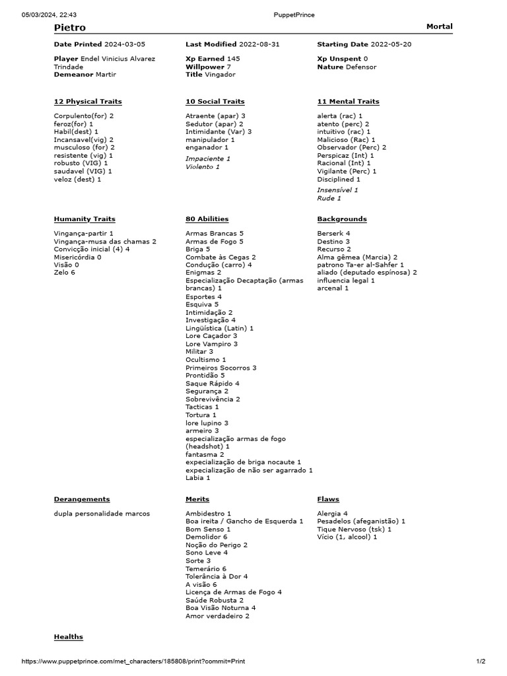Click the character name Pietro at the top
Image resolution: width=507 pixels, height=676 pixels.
[70, 28]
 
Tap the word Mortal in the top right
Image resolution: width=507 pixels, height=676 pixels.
[440, 26]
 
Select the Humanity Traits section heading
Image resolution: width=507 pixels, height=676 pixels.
[84, 219]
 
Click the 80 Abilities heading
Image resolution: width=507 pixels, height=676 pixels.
[207, 219]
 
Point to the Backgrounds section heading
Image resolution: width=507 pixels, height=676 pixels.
[342, 219]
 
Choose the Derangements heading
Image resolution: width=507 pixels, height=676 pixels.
[82, 499]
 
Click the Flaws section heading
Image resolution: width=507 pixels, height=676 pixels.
[328, 499]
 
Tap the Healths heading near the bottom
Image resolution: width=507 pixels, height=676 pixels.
[69, 636]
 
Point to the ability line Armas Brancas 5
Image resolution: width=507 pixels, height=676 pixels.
[215, 234]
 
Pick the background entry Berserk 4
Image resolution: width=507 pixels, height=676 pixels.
[333, 234]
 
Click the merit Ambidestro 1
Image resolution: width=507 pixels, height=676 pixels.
[209, 513]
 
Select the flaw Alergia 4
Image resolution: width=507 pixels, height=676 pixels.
[332, 513]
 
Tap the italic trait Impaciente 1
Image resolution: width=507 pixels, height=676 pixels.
[208, 159]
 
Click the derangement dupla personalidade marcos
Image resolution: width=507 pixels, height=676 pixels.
[102, 513]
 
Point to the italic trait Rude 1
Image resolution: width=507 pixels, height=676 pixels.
[329, 198]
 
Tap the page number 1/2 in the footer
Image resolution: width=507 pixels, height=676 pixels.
[481, 661]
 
